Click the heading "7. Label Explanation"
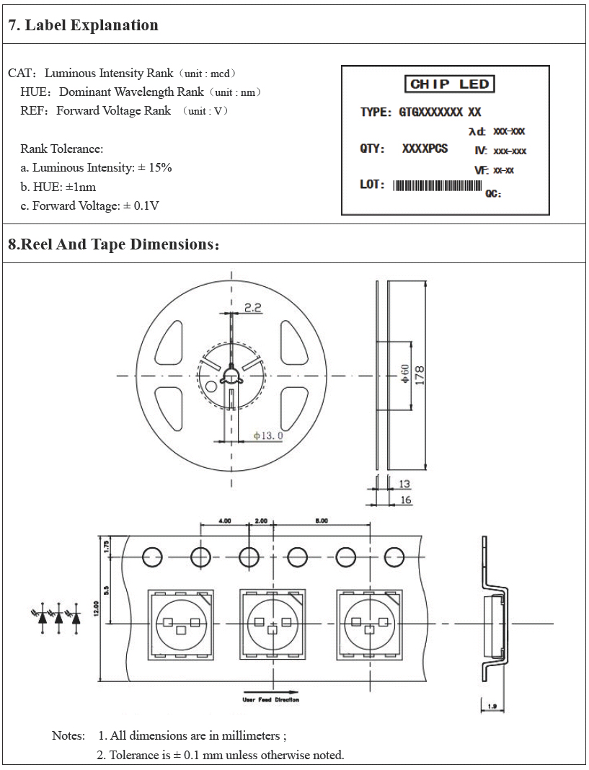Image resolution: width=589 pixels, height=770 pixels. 83,25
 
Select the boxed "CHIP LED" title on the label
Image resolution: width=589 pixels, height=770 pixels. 449,84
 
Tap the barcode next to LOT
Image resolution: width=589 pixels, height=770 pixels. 437,185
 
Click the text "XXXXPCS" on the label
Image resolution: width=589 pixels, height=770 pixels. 425,149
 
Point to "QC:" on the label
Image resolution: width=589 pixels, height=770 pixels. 493,194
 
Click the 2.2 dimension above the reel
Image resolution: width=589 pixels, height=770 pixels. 253,307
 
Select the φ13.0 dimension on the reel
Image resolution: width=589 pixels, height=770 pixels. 268,435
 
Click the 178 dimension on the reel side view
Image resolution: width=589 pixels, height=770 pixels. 419,374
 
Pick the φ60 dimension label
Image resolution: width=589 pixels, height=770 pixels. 405,373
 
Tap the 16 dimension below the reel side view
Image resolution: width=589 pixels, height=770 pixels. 405,500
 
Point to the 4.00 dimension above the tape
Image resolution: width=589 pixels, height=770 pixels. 224,521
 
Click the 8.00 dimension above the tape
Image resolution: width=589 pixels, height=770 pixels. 322,521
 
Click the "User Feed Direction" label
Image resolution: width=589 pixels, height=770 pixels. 270,699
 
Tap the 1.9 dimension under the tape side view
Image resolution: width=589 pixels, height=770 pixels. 492,707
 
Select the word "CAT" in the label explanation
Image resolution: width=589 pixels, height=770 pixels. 19,74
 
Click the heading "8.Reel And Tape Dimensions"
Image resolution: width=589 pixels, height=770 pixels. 112,244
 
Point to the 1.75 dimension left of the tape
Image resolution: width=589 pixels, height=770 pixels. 106,546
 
